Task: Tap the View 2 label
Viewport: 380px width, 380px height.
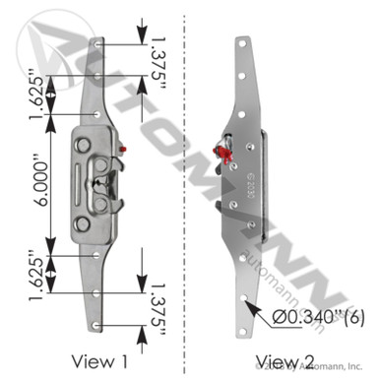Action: click(278, 359)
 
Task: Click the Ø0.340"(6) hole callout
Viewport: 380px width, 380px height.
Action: click(318, 315)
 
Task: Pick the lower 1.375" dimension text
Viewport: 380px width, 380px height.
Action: click(163, 306)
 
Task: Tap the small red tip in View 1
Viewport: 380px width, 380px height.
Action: click(124, 150)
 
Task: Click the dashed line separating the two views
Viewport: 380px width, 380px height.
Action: click(188, 197)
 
